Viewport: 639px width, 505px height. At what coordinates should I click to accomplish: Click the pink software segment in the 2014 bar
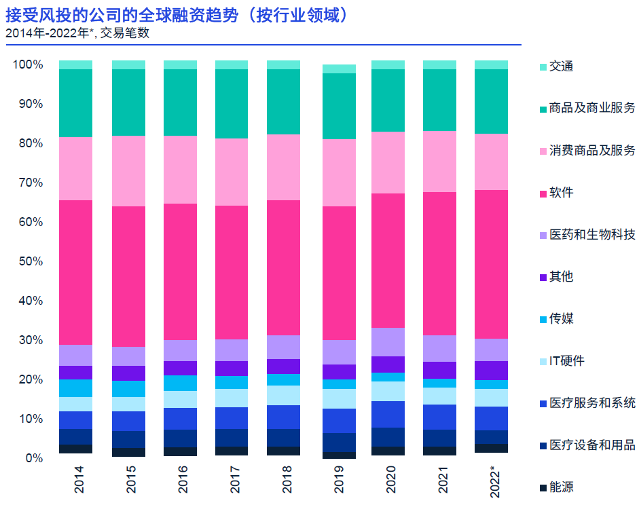pos(75,272)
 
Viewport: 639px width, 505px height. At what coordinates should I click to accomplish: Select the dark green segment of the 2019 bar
pos(339,106)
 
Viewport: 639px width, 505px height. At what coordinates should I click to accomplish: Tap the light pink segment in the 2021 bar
pos(439,162)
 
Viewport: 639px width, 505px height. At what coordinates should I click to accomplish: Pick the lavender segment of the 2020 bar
pos(388,342)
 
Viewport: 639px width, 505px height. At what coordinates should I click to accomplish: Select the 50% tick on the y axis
pos(29,261)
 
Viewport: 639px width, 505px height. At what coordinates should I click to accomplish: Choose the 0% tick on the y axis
pos(33,458)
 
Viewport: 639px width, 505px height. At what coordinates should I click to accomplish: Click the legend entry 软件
pos(561,193)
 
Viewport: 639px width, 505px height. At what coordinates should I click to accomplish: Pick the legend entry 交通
pos(561,67)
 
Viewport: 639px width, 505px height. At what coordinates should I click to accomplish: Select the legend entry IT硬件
pos(566,361)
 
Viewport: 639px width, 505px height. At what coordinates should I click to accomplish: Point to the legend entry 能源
pos(561,487)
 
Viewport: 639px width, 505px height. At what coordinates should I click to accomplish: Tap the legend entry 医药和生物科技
pos(591,235)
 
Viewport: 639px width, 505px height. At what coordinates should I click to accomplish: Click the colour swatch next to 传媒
pos(543,319)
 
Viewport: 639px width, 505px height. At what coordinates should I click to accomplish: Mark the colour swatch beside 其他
pos(543,277)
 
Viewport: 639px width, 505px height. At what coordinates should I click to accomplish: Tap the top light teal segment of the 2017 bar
pos(232,64)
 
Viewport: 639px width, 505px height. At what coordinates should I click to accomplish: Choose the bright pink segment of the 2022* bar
pos(491,264)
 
